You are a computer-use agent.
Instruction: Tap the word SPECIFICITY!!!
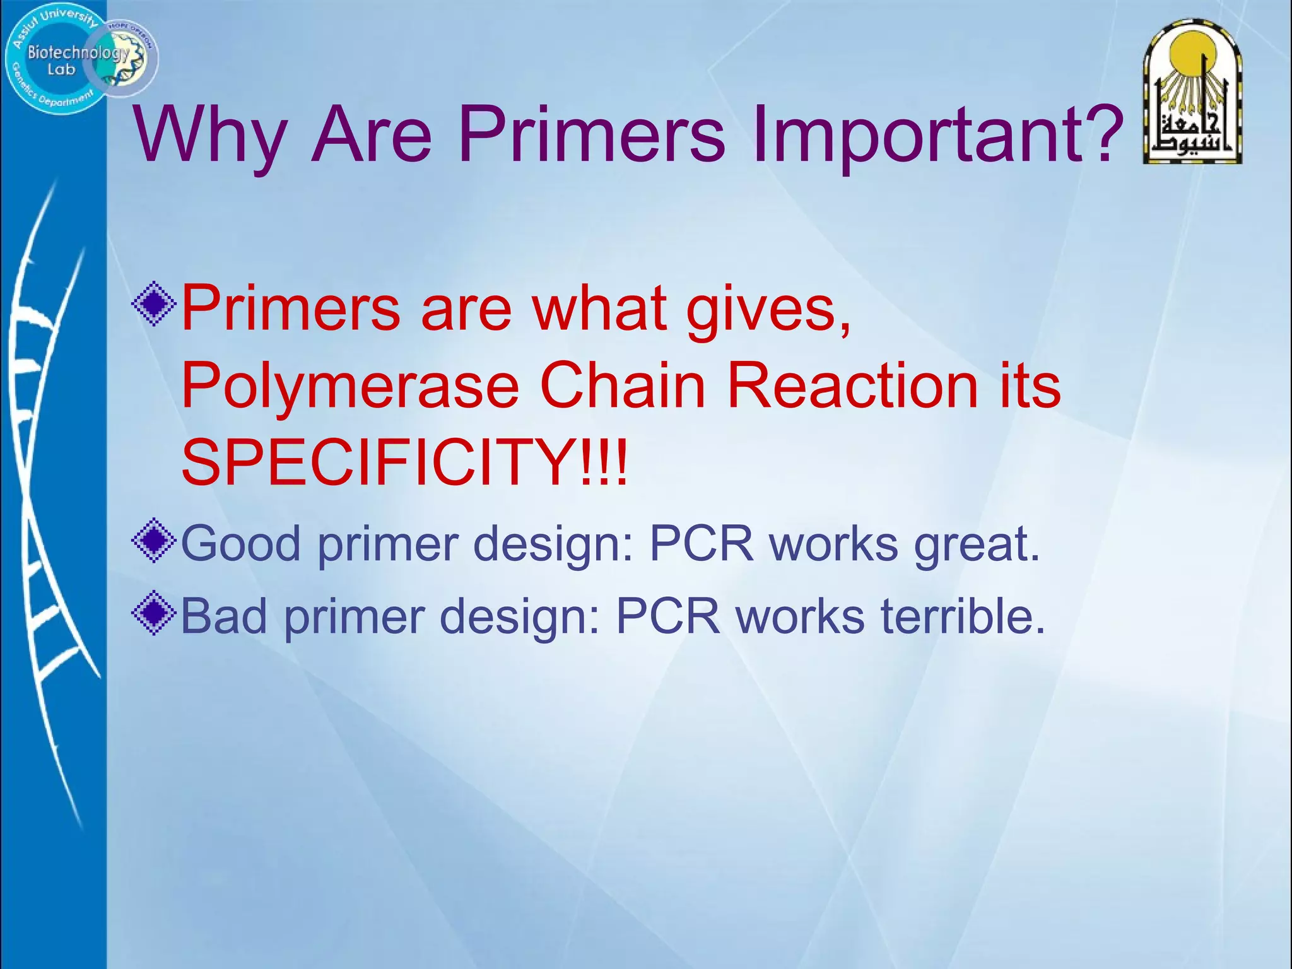click(x=404, y=464)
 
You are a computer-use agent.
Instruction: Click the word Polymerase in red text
click(x=350, y=386)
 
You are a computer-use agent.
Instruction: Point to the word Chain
click(x=622, y=386)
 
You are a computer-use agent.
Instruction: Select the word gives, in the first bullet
click(x=769, y=309)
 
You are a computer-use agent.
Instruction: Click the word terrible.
click(x=963, y=616)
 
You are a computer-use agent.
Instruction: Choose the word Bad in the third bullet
click(x=224, y=616)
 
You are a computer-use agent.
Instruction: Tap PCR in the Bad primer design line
click(x=667, y=616)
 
